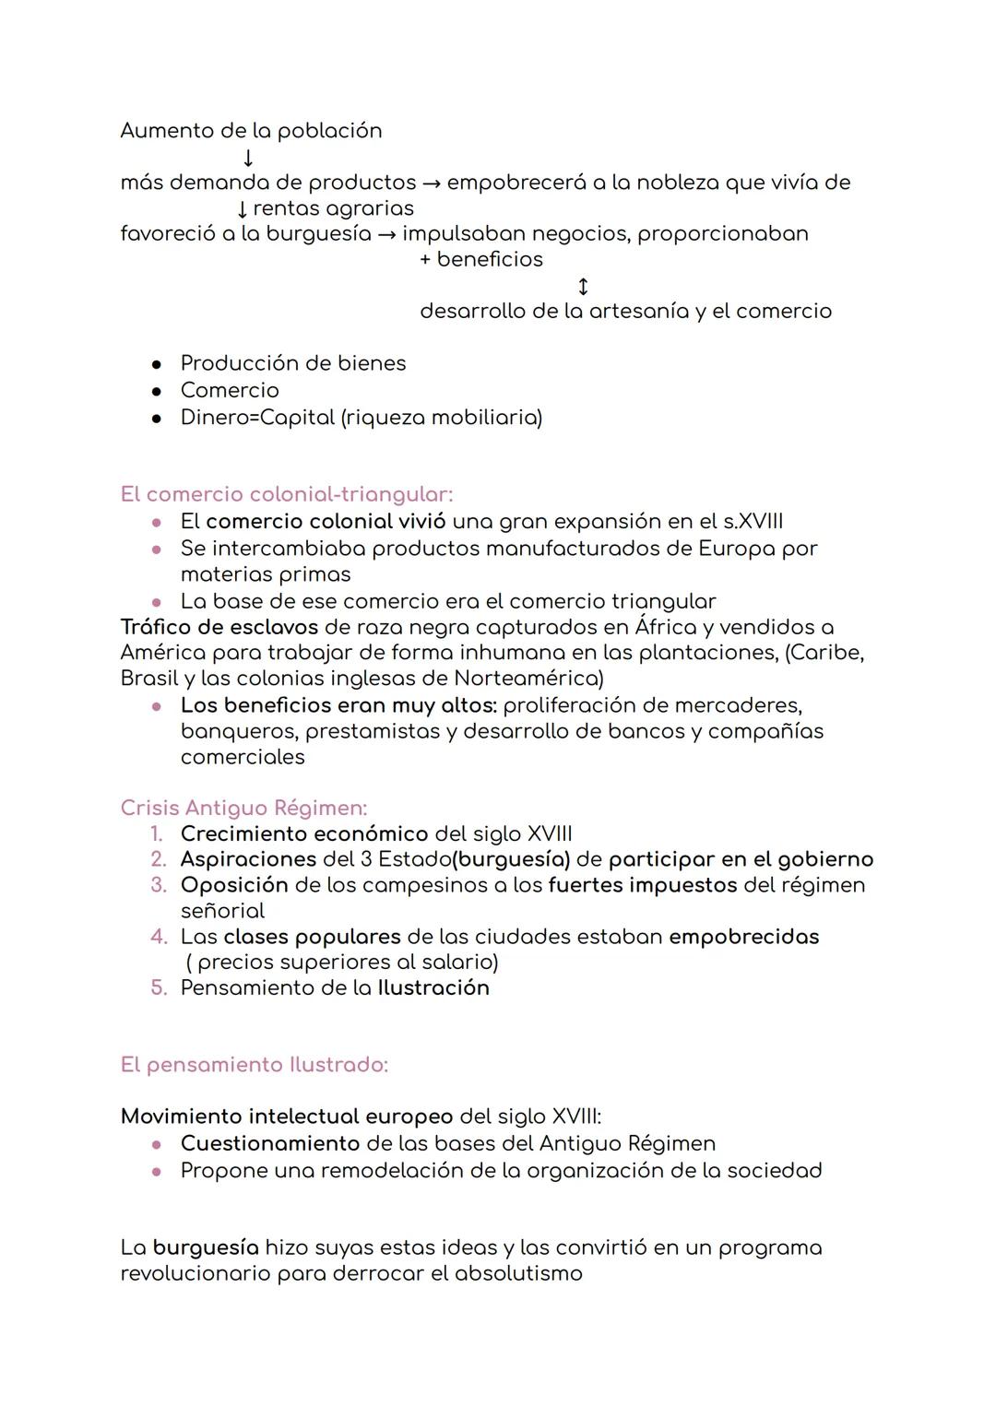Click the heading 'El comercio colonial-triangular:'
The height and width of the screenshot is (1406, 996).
(286, 494)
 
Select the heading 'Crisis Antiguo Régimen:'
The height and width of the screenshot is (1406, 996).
(243, 808)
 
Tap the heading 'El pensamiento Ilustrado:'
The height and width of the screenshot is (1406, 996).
(254, 1065)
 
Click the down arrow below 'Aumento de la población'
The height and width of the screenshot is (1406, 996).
(248, 158)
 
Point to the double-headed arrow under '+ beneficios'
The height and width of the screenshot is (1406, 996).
(582, 286)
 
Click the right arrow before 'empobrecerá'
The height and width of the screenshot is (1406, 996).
(431, 183)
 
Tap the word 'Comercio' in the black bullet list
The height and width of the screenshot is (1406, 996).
(230, 390)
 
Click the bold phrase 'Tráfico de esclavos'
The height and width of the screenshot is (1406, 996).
(219, 627)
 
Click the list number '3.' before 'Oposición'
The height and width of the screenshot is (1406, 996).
(159, 885)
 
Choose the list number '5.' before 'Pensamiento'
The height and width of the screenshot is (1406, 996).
(159, 988)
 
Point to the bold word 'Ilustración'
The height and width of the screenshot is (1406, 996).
(433, 988)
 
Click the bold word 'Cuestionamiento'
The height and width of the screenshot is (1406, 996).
(270, 1143)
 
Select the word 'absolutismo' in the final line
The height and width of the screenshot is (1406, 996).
(518, 1274)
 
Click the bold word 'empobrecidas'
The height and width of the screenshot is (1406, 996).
(743, 937)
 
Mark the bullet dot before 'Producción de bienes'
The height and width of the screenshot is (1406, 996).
(158, 364)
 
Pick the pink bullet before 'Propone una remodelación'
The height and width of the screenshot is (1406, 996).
(158, 1171)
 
